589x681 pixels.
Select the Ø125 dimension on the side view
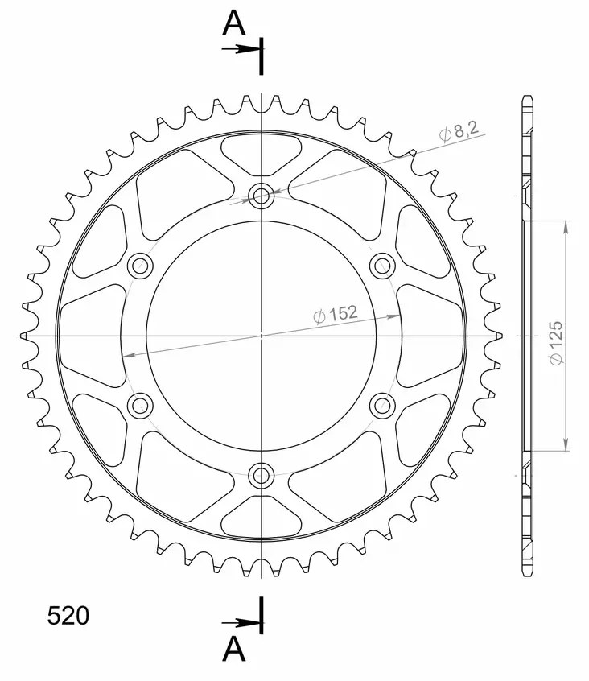(556, 345)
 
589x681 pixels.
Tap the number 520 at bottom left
(68, 616)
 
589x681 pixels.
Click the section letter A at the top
(234, 25)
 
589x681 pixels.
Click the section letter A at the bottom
(234, 648)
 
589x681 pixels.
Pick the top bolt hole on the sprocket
(261, 195)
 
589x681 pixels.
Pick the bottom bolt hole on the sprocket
(261, 475)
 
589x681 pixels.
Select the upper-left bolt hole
(140, 265)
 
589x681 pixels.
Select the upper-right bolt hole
(381, 265)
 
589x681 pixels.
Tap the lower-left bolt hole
(140, 405)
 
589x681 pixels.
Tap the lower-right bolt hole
(381, 405)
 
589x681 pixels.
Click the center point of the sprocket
(261, 335)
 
